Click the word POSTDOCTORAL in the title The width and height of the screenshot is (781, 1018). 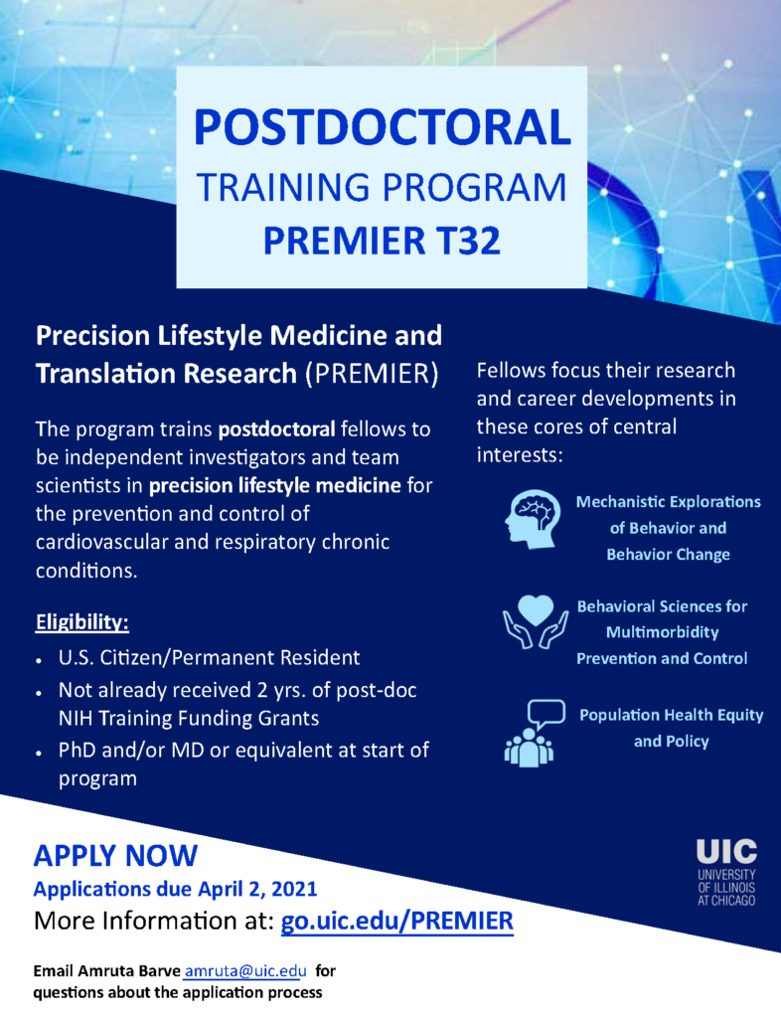(383, 127)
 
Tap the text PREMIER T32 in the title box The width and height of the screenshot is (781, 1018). (383, 241)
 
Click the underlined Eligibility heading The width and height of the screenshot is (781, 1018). (82, 622)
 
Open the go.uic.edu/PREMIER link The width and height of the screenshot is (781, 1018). (397, 921)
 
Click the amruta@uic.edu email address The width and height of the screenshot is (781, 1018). (245, 971)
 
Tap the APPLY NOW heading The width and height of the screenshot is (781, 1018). (115, 855)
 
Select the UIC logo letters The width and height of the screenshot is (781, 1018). (726, 852)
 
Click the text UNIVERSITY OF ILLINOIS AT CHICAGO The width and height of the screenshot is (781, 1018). (726, 887)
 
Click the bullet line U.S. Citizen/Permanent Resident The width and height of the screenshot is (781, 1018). (209, 658)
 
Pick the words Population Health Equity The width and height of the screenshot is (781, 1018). (672, 715)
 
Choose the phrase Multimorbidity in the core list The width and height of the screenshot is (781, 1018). (663, 632)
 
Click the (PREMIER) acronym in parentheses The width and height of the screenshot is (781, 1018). (373, 374)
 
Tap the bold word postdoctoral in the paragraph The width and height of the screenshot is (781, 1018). (277, 429)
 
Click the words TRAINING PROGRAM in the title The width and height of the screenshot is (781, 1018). (383, 187)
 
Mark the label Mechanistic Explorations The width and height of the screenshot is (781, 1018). (668, 502)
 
